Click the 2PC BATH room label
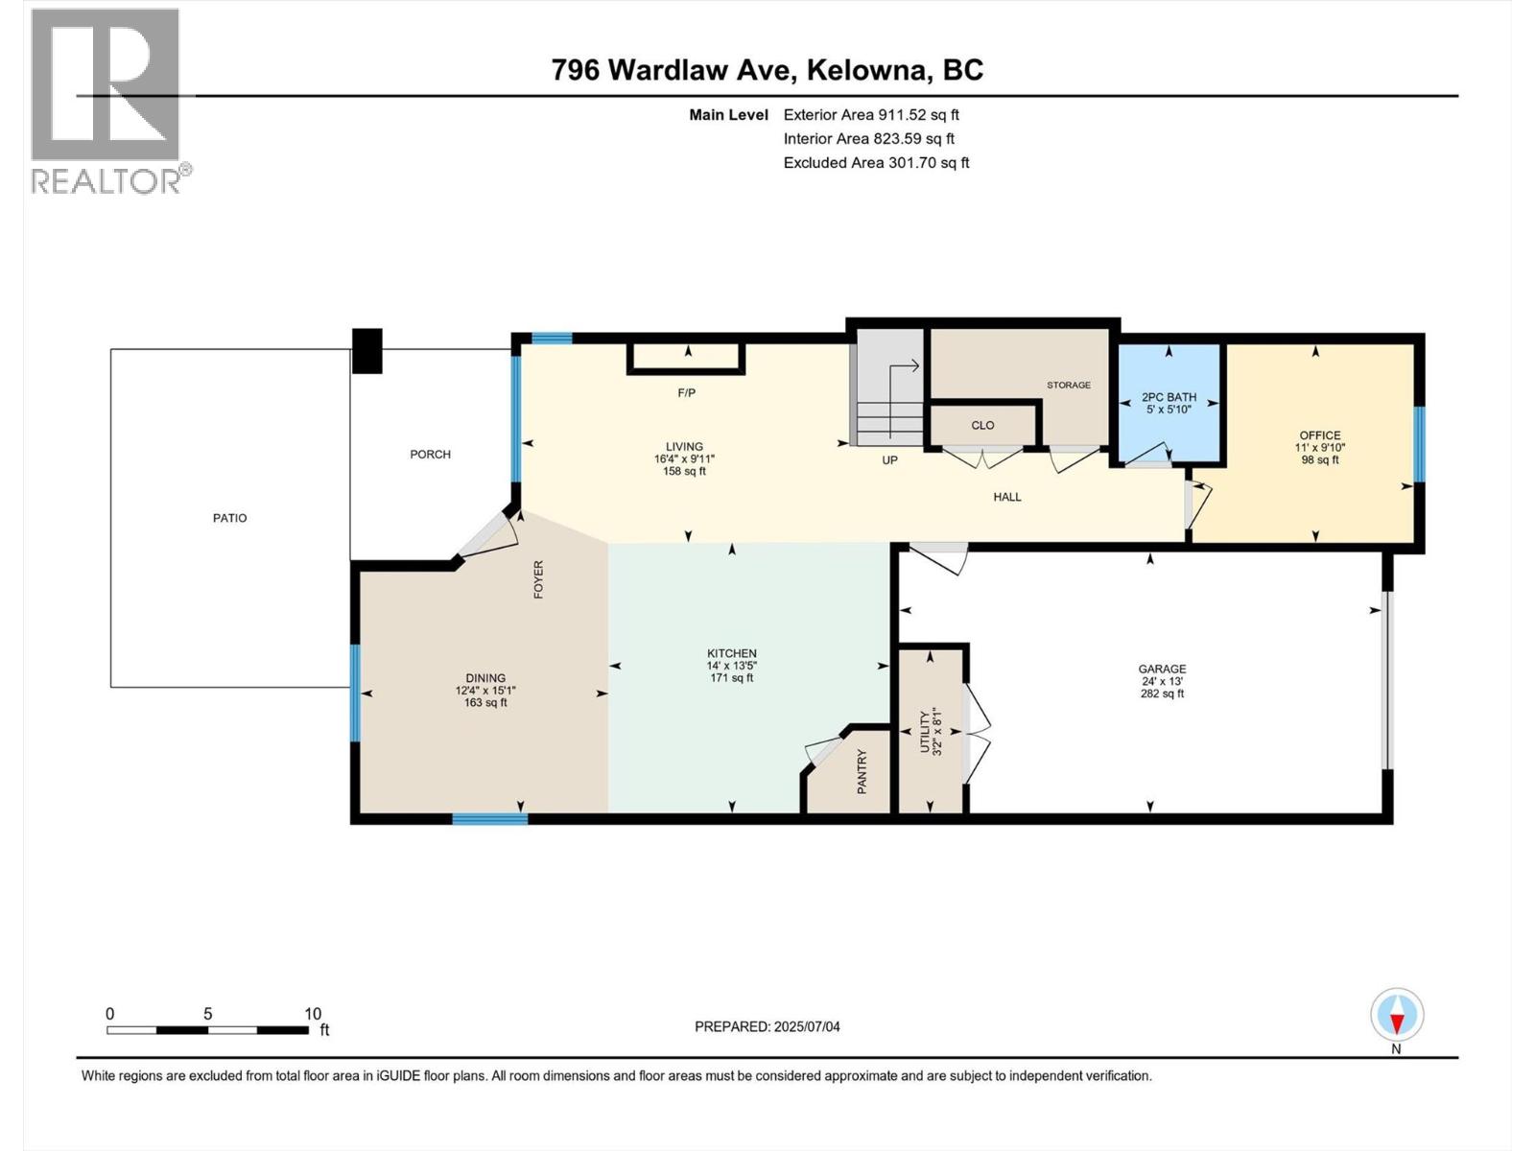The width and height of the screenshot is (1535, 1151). click(1168, 397)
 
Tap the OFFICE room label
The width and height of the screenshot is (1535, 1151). click(1319, 435)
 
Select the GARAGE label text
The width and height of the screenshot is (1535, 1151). click(1162, 669)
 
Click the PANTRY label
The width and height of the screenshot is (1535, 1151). click(862, 771)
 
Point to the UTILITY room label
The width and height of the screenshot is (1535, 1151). click(926, 732)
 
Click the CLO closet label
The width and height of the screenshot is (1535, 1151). click(982, 425)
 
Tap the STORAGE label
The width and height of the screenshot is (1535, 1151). click(1068, 385)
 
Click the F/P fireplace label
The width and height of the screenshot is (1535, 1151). click(686, 392)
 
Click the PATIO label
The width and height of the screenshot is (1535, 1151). click(229, 518)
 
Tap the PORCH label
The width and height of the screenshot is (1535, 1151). click(430, 455)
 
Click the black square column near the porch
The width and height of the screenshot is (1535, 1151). click(366, 350)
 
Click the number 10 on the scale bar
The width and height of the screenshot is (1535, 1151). click(313, 1014)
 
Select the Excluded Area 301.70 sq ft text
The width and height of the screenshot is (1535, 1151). click(876, 163)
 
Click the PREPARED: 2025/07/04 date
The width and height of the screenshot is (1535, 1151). click(767, 1026)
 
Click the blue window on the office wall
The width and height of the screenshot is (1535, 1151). click(1419, 443)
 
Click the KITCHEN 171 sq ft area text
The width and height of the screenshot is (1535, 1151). click(731, 678)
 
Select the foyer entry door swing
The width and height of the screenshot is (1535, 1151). click(490, 534)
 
